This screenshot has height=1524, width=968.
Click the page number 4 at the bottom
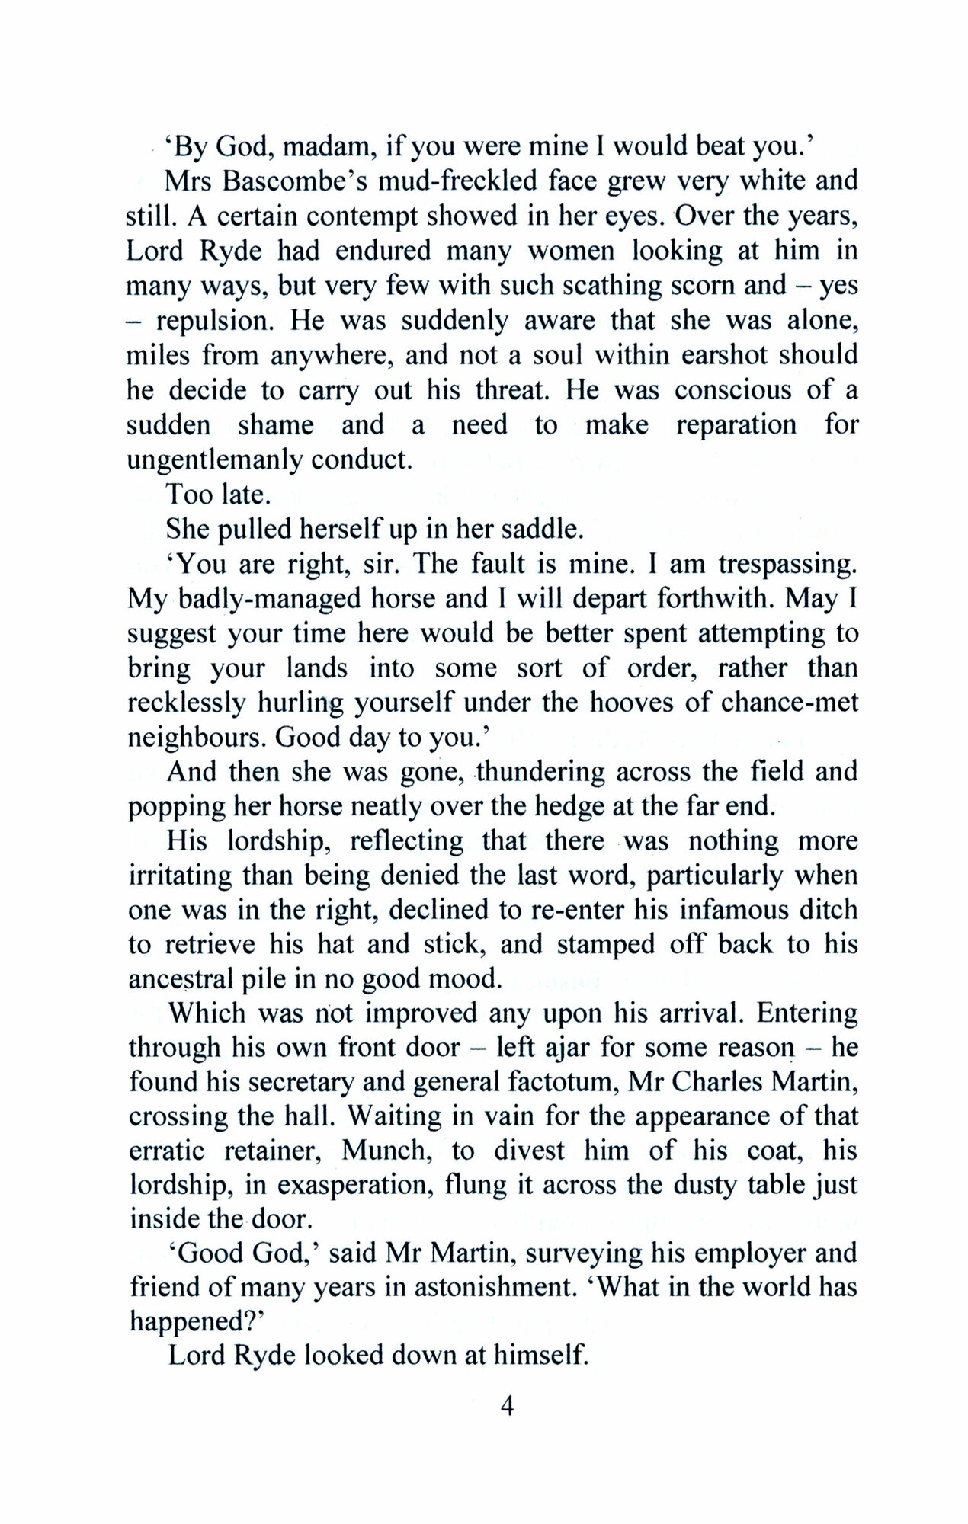pyautogui.click(x=507, y=1406)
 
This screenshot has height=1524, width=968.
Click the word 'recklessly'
pyautogui.click(x=188, y=703)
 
